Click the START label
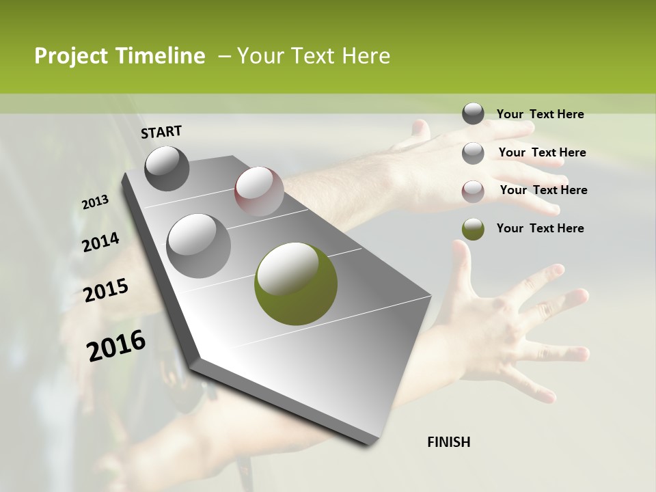click(161, 132)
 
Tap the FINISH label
click(448, 442)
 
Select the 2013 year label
click(96, 202)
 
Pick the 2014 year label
click(100, 243)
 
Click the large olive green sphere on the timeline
click(296, 284)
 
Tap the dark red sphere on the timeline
click(259, 191)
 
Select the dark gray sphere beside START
click(167, 168)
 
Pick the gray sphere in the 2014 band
click(198, 245)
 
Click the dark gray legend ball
click(473, 113)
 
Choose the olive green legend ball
click(473, 229)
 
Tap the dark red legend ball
click(473, 191)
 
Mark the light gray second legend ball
click(473, 153)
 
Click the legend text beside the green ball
click(540, 228)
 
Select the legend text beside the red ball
click(543, 190)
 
